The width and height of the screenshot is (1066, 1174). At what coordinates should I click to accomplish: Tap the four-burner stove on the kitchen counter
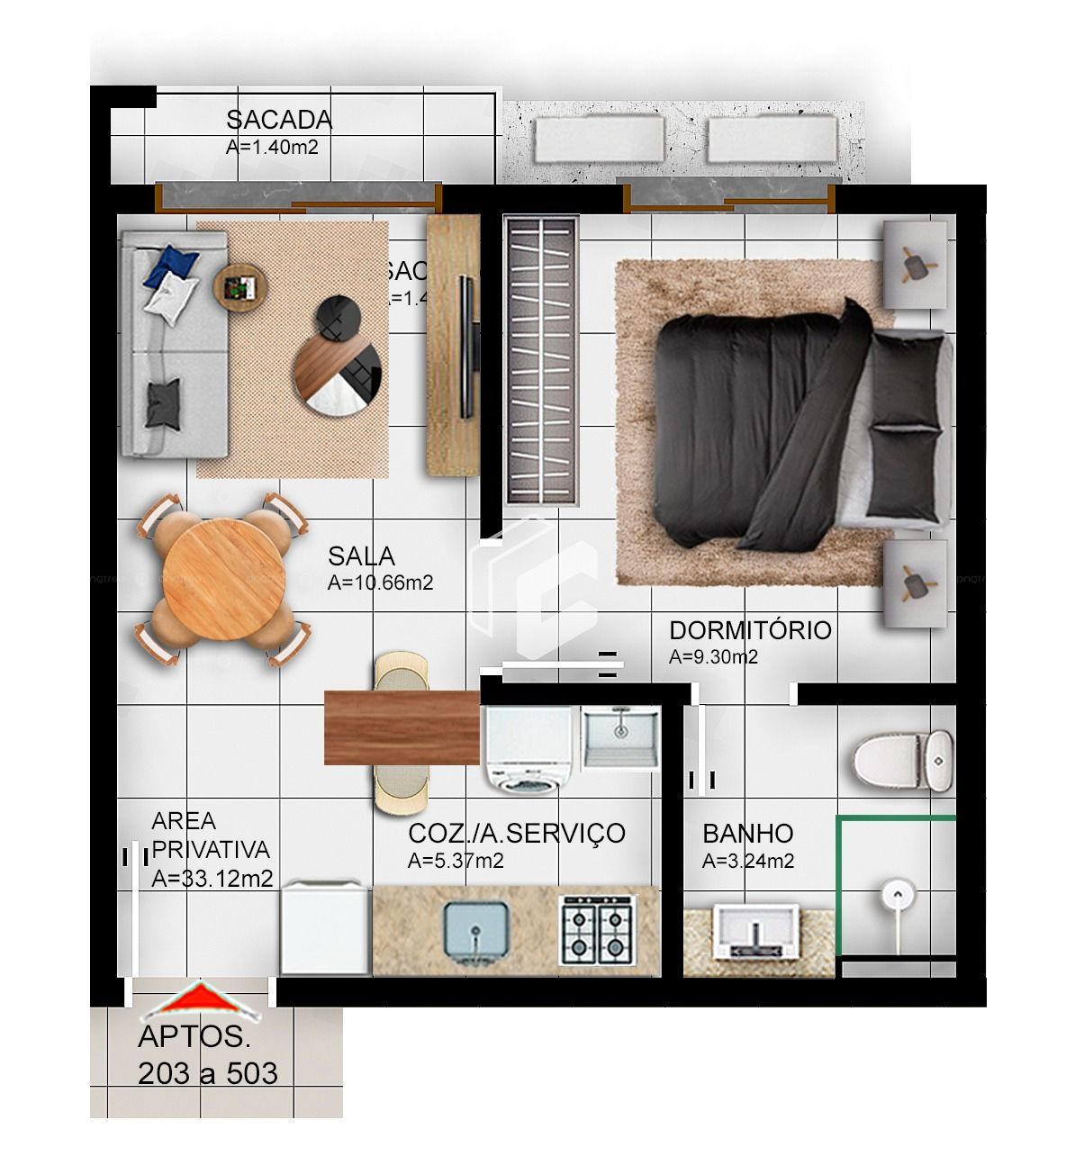tap(596, 931)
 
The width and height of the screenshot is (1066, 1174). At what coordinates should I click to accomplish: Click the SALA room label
tap(361, 556)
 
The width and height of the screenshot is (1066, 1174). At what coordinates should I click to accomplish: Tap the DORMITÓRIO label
tap(749, 630)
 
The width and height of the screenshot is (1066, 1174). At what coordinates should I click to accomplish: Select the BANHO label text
tap(747, 835)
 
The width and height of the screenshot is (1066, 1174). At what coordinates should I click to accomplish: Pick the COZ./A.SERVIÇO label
tap(516, 834)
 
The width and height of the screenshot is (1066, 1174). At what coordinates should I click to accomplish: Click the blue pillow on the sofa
tap(170, 266)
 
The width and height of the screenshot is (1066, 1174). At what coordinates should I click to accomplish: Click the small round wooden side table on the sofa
tap(240, 287)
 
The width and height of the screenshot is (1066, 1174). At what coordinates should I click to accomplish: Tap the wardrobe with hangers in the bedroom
tap(540, 360)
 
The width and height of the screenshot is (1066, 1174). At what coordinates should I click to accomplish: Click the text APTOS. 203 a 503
tap(207, 1055)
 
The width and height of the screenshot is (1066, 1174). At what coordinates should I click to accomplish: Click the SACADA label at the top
tap(278, 120)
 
